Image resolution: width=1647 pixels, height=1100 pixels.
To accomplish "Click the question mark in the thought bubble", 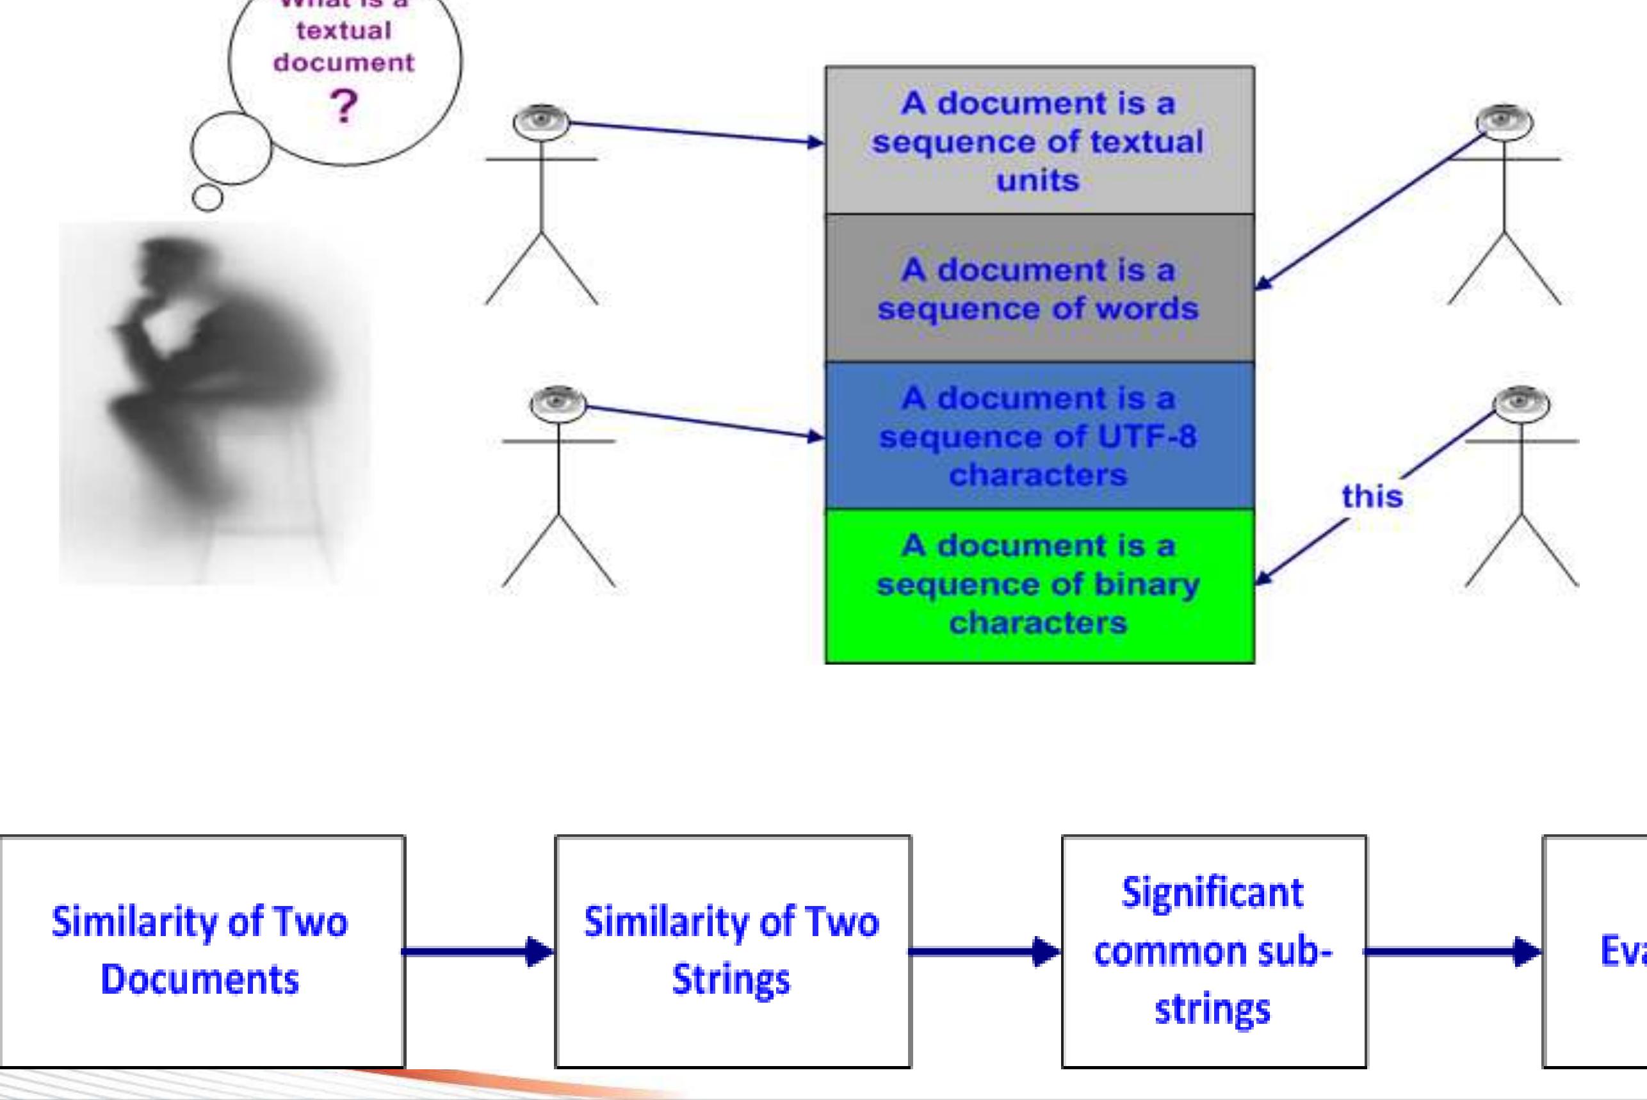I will coord(343,108).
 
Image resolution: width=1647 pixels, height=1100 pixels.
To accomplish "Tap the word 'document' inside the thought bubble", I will coord(344,63).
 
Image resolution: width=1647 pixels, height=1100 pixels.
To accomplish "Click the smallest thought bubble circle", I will coord(207,197).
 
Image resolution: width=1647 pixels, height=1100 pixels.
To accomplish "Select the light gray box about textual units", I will coord(1039,140).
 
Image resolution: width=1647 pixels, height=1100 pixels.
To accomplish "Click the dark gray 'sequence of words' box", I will coord(1039,288).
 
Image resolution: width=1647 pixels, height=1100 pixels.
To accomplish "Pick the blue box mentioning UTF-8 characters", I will coord(1039,435).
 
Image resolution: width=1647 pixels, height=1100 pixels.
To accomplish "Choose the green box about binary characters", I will coord(1039,585).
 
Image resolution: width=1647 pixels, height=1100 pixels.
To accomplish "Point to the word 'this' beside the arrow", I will coord(1372,497).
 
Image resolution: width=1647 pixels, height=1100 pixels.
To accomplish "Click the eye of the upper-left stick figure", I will coord(541,119).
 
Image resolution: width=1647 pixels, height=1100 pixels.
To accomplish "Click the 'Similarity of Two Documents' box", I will coord(201,951).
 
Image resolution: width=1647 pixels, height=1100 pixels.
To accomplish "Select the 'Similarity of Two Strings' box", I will coord(732,951).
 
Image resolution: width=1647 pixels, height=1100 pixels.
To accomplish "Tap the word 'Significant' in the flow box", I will coord(1212,894).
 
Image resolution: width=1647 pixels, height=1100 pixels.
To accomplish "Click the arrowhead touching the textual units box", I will coord(815,142).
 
